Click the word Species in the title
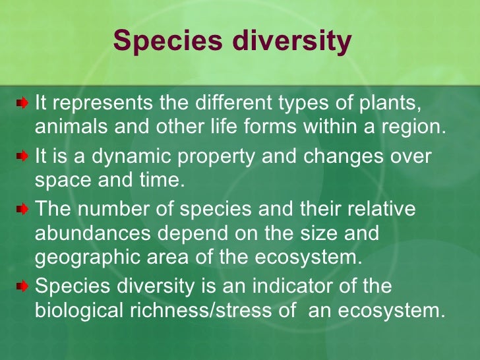(x=167, y=41)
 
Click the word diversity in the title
(x=290, y=41)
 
